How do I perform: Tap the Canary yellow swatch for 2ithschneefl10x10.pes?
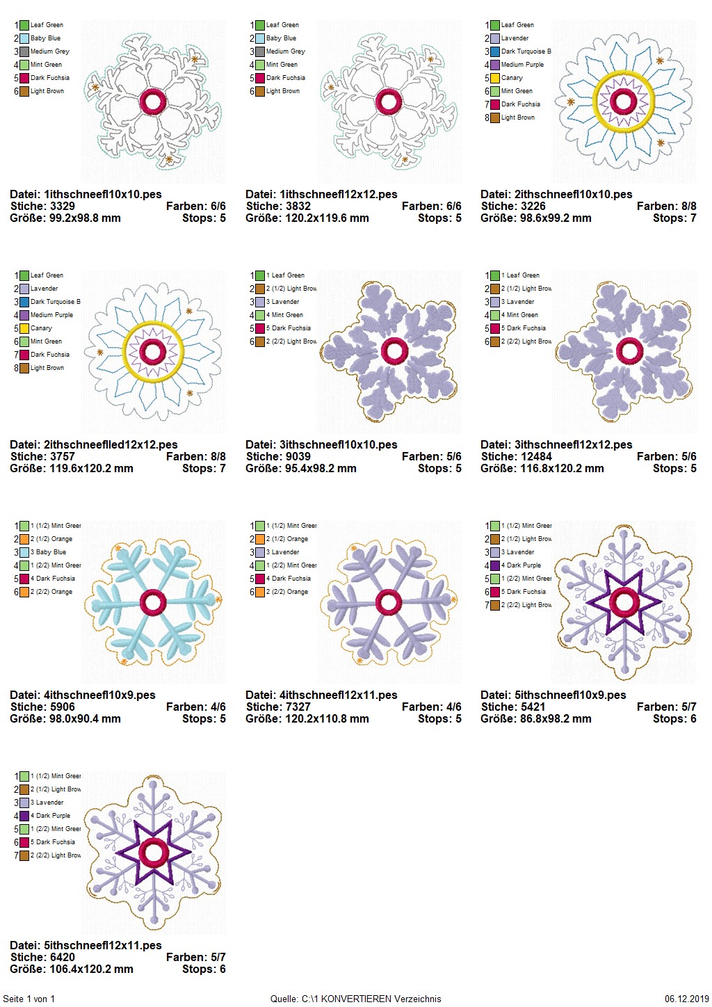tap(494, 78)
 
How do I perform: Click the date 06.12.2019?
tap(686, 999)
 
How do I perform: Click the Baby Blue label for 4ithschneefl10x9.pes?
tap(51, 552)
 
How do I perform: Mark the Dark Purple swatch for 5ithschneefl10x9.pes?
tap(494, 565)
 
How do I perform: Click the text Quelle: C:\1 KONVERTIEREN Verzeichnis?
tap(355, 999)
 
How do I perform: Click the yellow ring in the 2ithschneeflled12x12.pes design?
tap(152, 325)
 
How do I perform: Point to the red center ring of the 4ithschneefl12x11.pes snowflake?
tap(389, 602)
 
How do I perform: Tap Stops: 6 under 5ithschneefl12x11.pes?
tap(204, 969)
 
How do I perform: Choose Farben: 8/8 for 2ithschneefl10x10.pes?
tap(666, 207)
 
